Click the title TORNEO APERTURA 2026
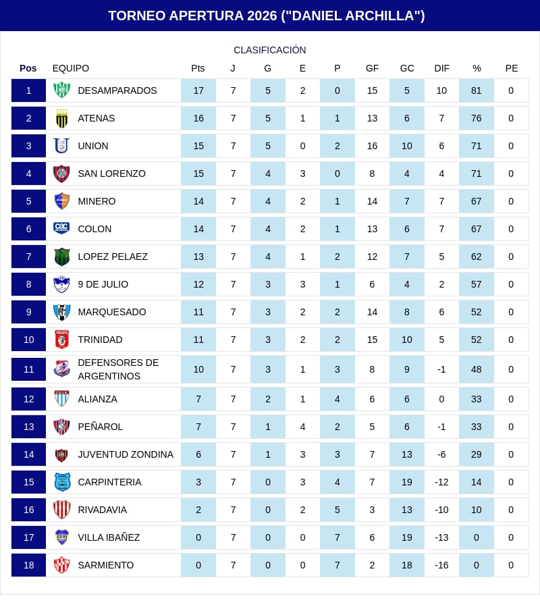click(x=267, y=16)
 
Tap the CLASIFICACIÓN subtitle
click(x=270, y=50)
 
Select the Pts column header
click(x=198, y=68)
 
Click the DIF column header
click(x=441, y=68)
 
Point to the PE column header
click(x=512, y=68)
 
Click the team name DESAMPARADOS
click(x=117, y=90)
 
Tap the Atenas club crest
click(x=61, y=118)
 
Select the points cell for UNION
click(x=198, y=146)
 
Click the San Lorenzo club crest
click(x=61, y=174)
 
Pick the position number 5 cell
click(x=28, y=201)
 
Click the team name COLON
click(x=94, y=229)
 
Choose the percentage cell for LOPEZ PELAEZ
click(x=477, y=257)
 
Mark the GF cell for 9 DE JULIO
click(x=372, y=284)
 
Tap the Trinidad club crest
click(x=61, y=340)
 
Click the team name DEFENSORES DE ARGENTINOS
click(x=118, y=369)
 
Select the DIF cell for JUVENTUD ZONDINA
click(x=441, y=454)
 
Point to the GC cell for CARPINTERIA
click(x=407, y=482)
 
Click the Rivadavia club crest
click(x=61, y=510)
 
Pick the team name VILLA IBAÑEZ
click(x=109, y=537)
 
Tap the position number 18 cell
click(x=28, y=565)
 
